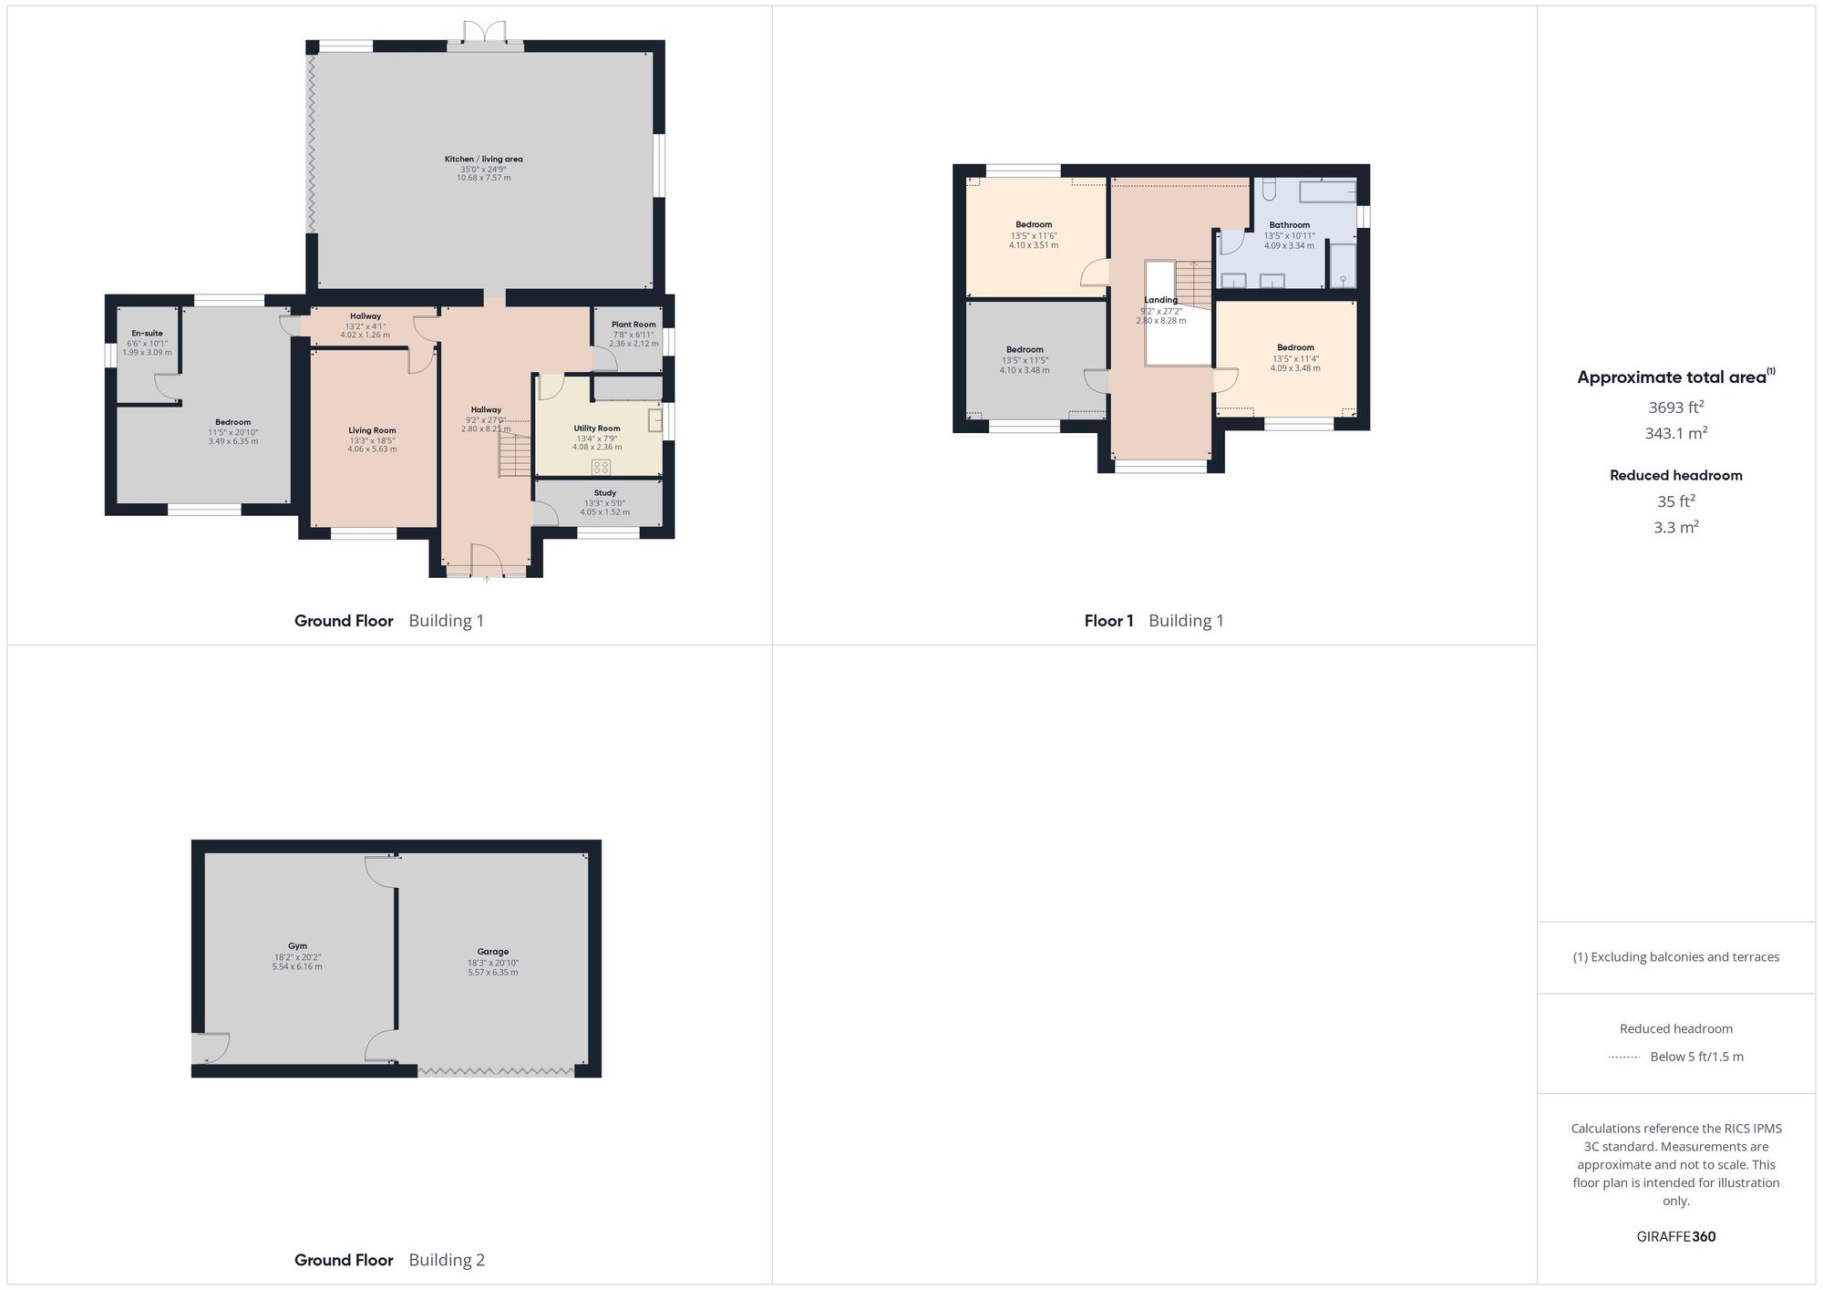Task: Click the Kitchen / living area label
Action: [483, 160]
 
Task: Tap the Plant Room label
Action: [633, 325]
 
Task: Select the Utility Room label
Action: [597, 428]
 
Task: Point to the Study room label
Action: [604, 493]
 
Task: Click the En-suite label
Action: [147, 334]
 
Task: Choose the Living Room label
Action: [372, 430]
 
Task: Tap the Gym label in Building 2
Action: [297, 946]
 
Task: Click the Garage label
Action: [493, 952]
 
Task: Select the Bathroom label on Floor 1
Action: [1289, 225]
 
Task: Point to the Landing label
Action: [1160, 300]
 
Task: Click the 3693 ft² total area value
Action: [1675, 408]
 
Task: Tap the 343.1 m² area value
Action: [1675, 434]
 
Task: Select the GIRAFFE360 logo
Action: [1675, 1237]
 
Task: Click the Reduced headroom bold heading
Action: [1675, 475]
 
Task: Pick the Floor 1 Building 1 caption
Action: [1154, 621]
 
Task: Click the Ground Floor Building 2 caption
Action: [389, 1260]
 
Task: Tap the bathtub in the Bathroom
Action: [1327, 192]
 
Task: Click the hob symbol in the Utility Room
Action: [601, 468]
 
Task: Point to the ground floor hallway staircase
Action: [515, 454]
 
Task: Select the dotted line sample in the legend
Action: [1624, 1058]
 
